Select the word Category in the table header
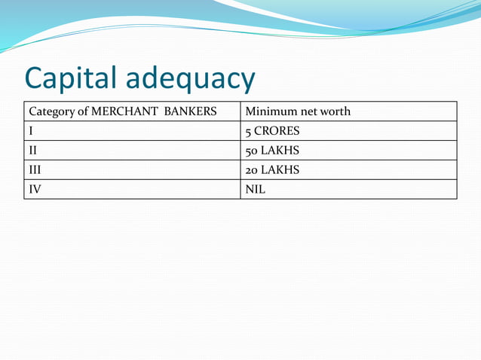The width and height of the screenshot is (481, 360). [x=54, y=112]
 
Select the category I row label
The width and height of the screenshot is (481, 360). [x=32, y=131]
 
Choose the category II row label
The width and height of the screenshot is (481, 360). [x=34, y=151]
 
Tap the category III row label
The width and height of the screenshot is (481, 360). [x=36, y=170]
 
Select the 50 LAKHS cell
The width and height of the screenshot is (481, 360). [x=272, y=151]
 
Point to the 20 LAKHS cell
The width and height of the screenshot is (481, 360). [x=272, y=170]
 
